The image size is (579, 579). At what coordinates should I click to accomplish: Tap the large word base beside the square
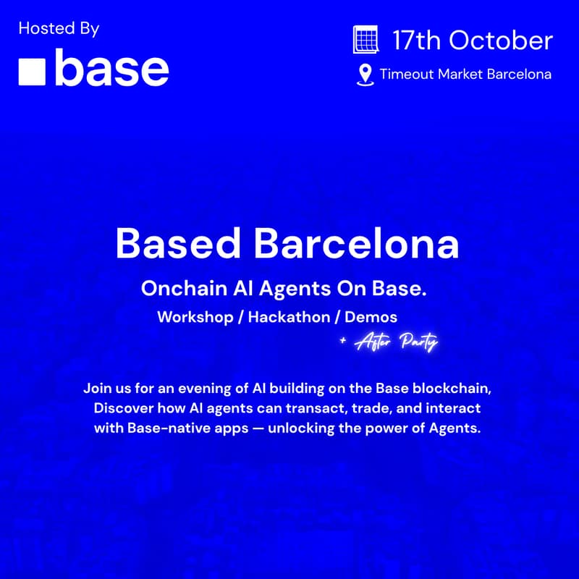click(x=111, y=69)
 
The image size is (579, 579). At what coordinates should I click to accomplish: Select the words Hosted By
click(x=59, y=29)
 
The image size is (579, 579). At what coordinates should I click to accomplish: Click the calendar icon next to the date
click(x=365, y=40)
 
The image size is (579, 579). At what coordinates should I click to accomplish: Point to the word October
click(x=501, y=40)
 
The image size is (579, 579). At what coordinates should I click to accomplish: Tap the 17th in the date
click(x=416, y=40)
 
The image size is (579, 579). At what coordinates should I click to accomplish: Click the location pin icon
click(x=365, y=75)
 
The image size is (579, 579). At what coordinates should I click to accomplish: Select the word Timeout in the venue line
click(x=407, y=74)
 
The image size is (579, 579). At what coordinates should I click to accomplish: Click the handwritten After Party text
click(x=396, y=343)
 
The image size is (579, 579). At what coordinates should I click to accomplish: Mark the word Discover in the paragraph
click(x=124, y=408)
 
